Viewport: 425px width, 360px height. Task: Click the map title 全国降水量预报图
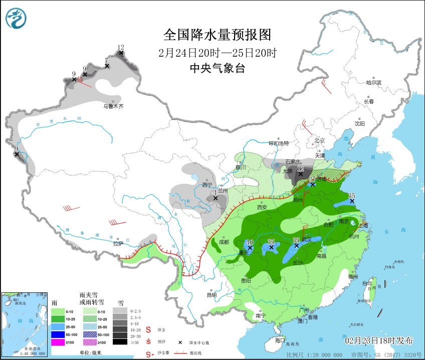point(218,35)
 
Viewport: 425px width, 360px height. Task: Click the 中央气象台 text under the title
point(218,69)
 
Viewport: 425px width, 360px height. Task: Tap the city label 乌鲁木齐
point(113,106)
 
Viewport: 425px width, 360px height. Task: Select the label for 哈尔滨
point(373,82)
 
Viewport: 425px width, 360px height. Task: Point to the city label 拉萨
point(118,244)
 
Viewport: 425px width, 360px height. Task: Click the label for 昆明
point(211,295)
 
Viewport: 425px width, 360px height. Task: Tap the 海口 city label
point(280,339)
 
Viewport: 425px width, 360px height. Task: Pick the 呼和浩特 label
point(280,143)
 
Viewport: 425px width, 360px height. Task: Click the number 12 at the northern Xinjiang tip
point(121,47)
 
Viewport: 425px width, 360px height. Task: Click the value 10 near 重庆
point(251,242)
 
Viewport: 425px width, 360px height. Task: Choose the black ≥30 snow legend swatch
point(119,342)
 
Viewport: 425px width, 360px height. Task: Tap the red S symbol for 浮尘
point(148,330)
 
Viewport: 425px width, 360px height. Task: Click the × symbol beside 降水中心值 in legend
point(179,342)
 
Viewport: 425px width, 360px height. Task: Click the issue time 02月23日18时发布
point(379,340)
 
